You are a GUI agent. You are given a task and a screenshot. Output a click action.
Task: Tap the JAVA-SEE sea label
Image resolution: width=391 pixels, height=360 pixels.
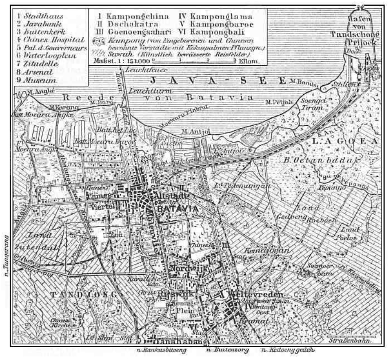(x=218, y=80)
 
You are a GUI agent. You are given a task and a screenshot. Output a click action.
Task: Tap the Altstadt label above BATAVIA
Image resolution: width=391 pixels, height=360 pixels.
(x=168, y=196)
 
